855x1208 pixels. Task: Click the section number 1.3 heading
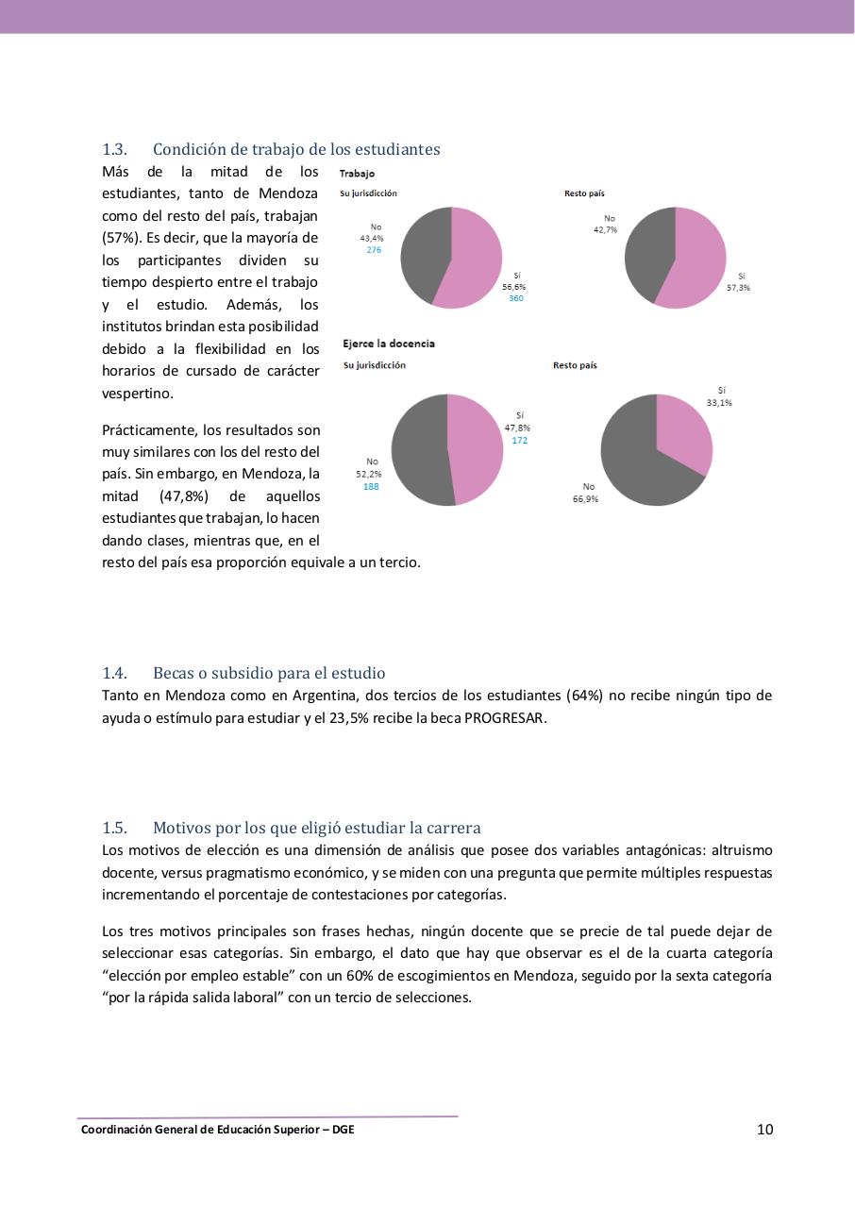[114, 149]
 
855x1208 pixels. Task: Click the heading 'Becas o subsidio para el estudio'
[269, 673]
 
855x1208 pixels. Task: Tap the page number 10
[764, 1130]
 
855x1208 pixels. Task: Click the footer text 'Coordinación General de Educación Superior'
[198, 1130]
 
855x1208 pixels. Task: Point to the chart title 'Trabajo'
[357, 174]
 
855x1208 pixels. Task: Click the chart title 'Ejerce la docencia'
[389, 344]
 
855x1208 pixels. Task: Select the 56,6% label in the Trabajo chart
[514, 287]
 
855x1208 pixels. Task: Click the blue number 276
[374, 250]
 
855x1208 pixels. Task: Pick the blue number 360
[515, 298]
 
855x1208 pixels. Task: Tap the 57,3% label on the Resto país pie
[738, 288]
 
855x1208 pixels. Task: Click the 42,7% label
[605, 229]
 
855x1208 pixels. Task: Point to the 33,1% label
[719, 403]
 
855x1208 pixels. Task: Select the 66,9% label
[585, 498]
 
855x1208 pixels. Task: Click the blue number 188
[371, 487]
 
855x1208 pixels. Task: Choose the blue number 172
[519, 441]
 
